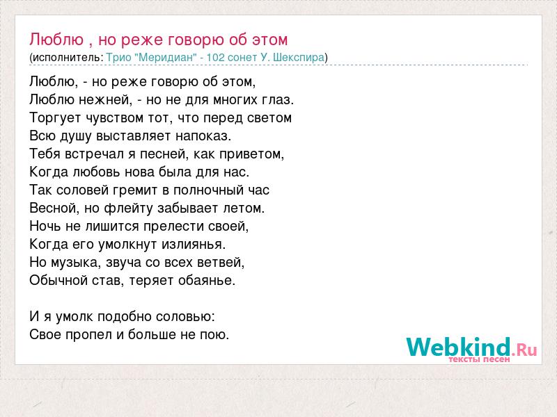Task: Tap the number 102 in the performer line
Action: click(217, 58)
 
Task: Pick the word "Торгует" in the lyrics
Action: click(55, 118)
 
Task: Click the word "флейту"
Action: click(129, 208)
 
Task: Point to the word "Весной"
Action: click(54, 208)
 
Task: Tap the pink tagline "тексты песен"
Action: click(479, 359)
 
